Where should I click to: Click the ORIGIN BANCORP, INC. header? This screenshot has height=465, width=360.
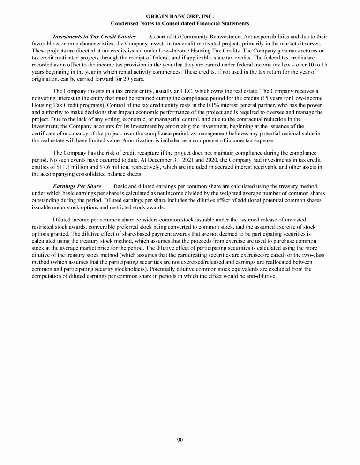[180, 16]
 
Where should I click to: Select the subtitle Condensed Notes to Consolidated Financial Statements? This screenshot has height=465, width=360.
[180, 23]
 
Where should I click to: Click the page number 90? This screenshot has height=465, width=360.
[180, 439]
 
